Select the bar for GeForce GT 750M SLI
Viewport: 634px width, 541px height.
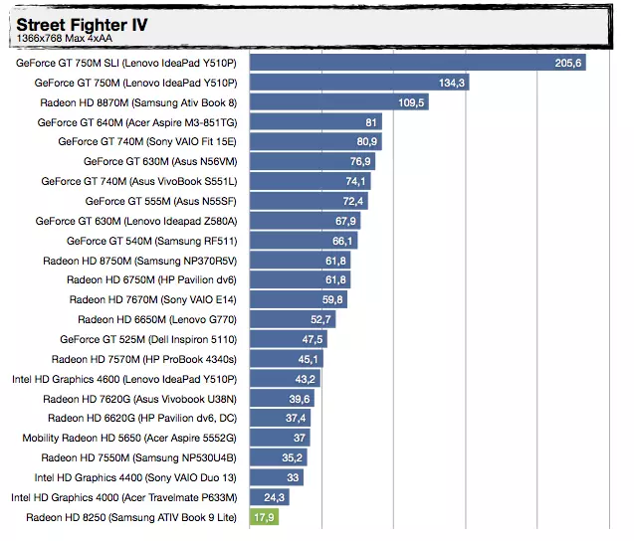[417, 63]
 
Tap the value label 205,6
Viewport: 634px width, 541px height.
[568, 63]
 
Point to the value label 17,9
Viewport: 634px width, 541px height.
[264, 517]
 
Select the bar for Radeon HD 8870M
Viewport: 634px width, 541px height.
[338, 102]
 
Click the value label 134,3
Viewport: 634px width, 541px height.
[452, 83]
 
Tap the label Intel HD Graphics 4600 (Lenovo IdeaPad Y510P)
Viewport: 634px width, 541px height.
[124, 379]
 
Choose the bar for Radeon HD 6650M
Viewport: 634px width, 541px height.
[293, 319]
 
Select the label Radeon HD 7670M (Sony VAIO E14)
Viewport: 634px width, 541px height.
[153, 299]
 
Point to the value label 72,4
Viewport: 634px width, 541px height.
[354, 201]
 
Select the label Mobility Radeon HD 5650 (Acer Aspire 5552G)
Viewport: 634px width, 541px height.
[129, 438]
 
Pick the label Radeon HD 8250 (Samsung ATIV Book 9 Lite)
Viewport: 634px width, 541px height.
[131, 517]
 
